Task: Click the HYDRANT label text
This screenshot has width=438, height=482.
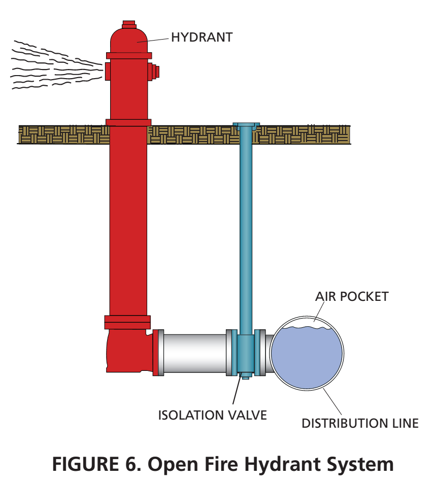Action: pos(201,37)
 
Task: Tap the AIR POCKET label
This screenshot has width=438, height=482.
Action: pos(351,296)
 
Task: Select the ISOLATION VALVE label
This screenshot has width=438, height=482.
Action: pos(212,415)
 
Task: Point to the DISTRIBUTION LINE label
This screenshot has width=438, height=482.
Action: pos(360,423)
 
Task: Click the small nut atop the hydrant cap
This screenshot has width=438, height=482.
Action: pos(129,23)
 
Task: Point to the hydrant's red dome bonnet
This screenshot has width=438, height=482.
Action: pos(129,40)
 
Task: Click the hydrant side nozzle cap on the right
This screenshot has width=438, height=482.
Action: pos(154,72)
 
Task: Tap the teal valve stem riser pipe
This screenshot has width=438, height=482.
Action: pos(245,228)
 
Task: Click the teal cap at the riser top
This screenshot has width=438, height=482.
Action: pos(246,125)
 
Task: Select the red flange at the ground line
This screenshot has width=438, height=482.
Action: pos(128,122)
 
